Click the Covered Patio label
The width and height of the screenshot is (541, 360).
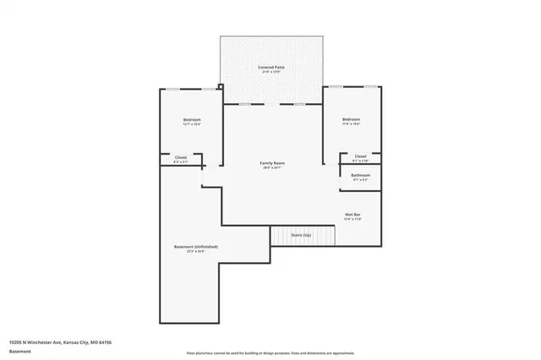[271, 66]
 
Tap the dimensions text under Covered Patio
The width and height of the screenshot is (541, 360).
[271, 72]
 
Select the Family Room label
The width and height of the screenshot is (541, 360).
[271, 162]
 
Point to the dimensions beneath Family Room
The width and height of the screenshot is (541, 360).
[271, 168]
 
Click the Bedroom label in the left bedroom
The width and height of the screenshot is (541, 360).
[192, 120]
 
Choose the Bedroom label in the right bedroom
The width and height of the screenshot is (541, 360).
[352, 120]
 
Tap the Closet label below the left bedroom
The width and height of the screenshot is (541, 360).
[181, 157]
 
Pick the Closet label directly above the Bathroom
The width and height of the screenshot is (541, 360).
[361, 156]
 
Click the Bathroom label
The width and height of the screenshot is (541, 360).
[361, 175]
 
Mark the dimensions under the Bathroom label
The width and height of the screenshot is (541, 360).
[361, 180]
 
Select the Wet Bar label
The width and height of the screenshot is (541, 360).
[353, 215]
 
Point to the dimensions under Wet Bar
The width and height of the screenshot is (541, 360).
[353, 220]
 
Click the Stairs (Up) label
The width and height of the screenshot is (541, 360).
[301, 235]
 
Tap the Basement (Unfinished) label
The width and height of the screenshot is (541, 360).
[196, 247]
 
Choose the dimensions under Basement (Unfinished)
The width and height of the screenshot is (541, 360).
[196, 252]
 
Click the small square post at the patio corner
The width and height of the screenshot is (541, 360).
[220, 85]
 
